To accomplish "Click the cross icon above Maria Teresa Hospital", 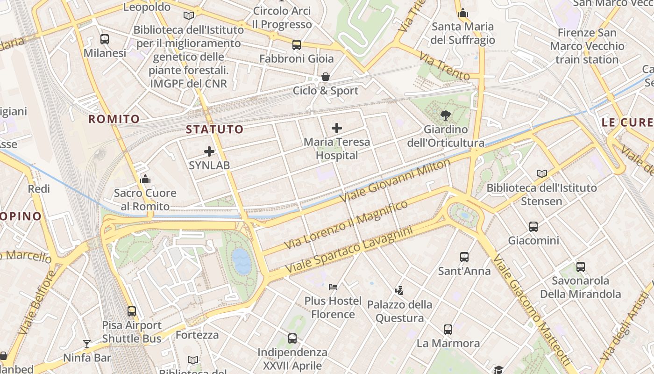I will [336, 128].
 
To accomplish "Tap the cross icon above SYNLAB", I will [209, 151].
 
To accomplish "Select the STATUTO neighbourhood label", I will [215, 129].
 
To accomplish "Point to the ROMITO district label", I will [114, 119].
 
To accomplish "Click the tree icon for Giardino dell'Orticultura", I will [446, 115].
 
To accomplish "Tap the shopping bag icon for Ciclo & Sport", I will [325, 77].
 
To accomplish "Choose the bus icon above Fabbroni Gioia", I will [297, 45].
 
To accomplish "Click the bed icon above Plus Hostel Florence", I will [333, 286].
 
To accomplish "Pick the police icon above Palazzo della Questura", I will [399, 291].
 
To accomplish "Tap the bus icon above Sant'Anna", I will [464, 257].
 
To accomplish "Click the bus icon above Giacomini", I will [533, 227].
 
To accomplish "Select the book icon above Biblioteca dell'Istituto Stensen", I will [541, 174].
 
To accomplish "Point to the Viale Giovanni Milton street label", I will [395, 180].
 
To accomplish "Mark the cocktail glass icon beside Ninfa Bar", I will [87, 344].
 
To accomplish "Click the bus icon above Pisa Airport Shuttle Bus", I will [132, 311].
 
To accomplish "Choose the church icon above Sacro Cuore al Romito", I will [145, 179].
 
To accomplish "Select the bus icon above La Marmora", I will [448, 329].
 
